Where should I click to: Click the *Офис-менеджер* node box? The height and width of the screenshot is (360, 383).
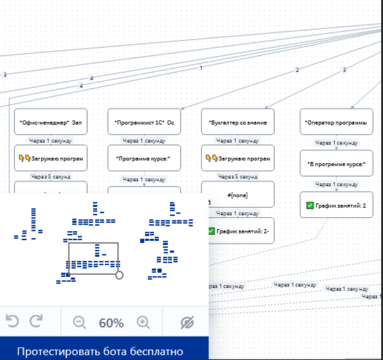click(x=50, y=122)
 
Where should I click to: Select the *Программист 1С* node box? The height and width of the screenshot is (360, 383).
click(x=144, y=122)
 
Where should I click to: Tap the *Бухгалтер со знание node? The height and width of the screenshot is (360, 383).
click(x=238, y=122)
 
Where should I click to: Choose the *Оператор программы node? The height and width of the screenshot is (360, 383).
click(x=336, y=122)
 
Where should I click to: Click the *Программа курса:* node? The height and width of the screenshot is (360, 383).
click(x=144, y=158)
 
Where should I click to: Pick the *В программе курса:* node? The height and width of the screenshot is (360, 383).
click(x=336, y=163)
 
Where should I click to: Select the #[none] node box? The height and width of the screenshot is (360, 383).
click(x=238, y=195)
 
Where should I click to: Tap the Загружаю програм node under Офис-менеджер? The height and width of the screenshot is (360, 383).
click(x=50, y=158)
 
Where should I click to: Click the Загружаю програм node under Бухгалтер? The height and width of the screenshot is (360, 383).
click(x=238, y=158)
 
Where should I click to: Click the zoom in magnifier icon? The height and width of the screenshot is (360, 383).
click(x=143, y=323)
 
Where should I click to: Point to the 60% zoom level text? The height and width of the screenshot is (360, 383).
click(x=111, y=323)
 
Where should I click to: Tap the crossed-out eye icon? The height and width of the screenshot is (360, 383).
click(x=187, y=323)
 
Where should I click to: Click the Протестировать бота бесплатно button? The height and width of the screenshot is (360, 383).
click(x=100, y=351)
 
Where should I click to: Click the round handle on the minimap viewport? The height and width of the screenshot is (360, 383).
click(x=119, y=275)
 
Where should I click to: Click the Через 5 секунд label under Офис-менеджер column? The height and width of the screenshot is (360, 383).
click(x=50, y=176)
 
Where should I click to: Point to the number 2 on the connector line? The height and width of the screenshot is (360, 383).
click(x=297, y=70)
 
